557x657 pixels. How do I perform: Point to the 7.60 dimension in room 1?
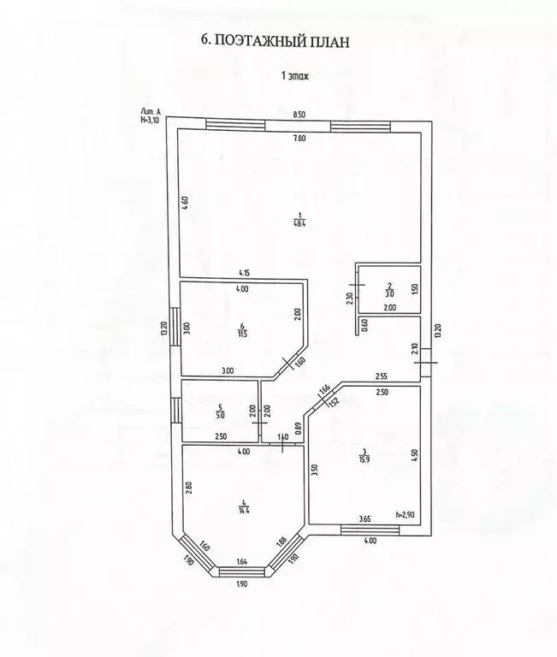tap(299, 139)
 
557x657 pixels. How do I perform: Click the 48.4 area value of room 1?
tap(299, 223)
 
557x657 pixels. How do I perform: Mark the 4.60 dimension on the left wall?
tap(185, 204)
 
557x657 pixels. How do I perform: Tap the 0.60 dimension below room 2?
tap(364, 325)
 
